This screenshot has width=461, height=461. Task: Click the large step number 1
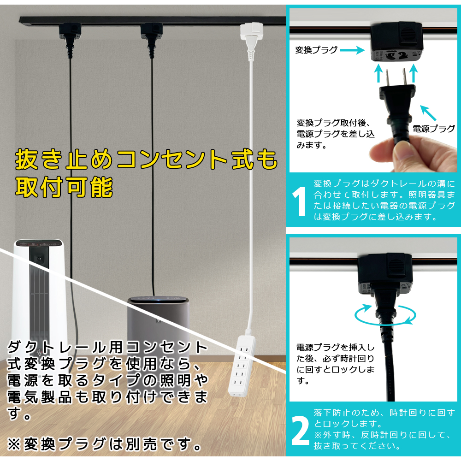(x=299, y=202)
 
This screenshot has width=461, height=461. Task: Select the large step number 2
(x=300, y=431)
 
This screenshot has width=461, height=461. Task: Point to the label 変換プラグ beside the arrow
(x=316, y=50)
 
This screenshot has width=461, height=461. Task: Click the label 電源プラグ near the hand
(x=434, y=129)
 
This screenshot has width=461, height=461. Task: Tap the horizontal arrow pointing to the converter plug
(x=352, y=50)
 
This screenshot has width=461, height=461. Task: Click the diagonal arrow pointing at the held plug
(x=428, y=113)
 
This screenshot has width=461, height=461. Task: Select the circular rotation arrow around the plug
(x=385, y=315)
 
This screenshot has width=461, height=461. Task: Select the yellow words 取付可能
(x=64, y=187)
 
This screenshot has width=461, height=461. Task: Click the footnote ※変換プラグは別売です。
(x=104, y=444)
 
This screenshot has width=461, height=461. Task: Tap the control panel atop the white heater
(x=39, y=243)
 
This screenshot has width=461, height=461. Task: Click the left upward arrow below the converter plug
(x=378, y=73)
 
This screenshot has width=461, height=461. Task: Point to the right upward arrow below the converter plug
(x=414, y=73)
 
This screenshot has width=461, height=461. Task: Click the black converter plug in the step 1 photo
(x=396, y=41)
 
